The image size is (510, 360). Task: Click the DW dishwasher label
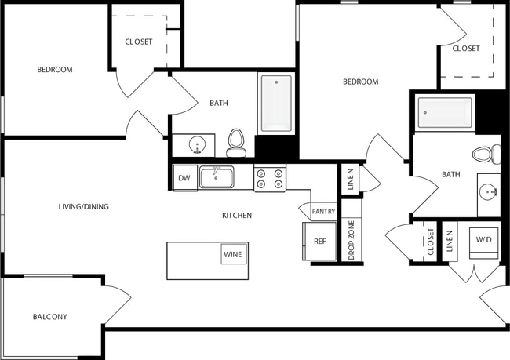click(x=184, y=178)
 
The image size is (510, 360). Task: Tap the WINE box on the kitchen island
click(x=233, y=254)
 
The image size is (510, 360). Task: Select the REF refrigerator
click(x=319, y=242)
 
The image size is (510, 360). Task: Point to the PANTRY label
click(x=323, y=212)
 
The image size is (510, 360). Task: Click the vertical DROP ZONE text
click(x=352, y=240)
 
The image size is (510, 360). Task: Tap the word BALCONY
click(x=49, y=317)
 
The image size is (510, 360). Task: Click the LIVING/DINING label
click(x=83, y=207)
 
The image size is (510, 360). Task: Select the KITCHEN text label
click(x=236, y=215)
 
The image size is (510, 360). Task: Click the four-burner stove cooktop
click(x=270, y=179)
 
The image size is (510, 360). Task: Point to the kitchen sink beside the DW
click(x=217, y=177)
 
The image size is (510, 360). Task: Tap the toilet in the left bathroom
click(x=235, y=144)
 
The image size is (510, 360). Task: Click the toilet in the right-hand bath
click(x=486, y=155)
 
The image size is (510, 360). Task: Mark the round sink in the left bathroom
click(x=197, y=145)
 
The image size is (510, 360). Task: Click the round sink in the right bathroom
click(x=490, y=191)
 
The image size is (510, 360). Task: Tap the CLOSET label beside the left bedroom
click(x=139, y=42)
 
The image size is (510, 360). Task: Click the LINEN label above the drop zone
click(x=350, y=180)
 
